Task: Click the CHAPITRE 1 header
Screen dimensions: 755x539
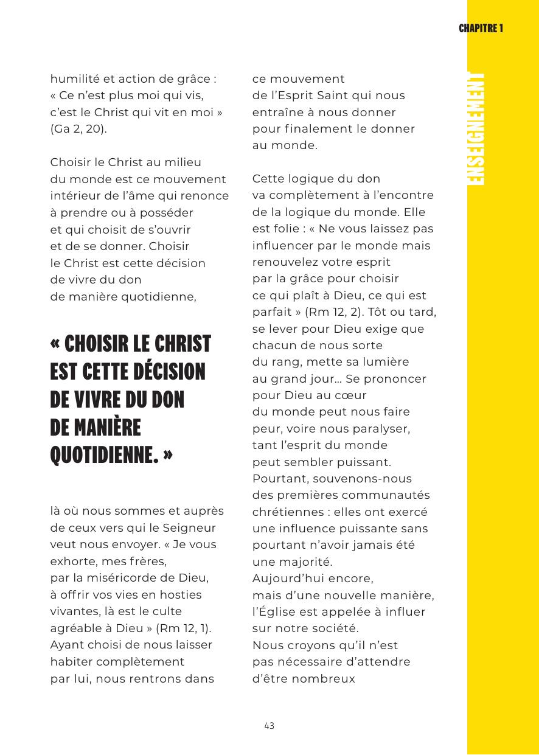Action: tap(481, 29)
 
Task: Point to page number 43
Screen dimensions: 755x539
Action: tap(269, 726)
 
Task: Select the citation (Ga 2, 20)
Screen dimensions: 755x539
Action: tap(78, 129)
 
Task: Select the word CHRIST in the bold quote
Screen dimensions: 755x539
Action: tap(181, 344)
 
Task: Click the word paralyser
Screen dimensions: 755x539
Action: tap(381, 429)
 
